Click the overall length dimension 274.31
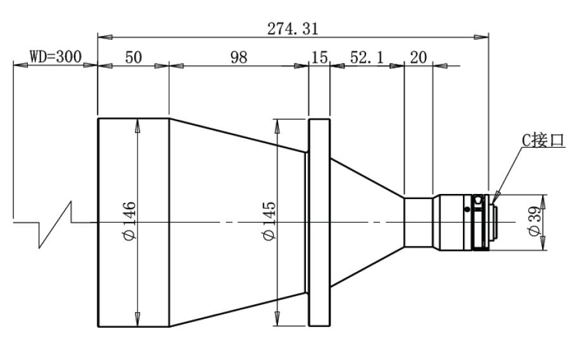[293, 29]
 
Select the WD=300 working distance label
[56, 57]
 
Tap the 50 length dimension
[133, 58]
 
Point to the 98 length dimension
[239, 58]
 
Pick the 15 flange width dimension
[320, 58]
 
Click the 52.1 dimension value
[367, 58]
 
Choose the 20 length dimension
[418, 58]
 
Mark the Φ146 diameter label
[129, 221]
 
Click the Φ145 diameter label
[269, 221]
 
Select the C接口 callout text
[543, 140]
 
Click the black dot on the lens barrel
[467, 209]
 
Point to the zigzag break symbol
[54, 224]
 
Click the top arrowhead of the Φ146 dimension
[137, 126]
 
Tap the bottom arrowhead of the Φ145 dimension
[277, 319]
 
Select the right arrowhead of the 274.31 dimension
[481, 37]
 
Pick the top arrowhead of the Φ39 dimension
[543, 202]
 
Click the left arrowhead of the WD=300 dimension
[20, 65]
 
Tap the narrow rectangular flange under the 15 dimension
[319, 222]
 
